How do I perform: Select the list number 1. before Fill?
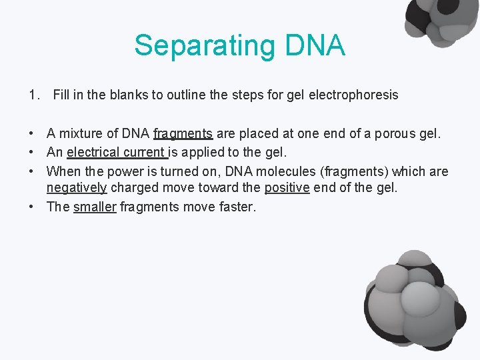(x=34, y=95)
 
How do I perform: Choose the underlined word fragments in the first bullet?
(x=183, y=134)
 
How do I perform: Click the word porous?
(x=396, y=134)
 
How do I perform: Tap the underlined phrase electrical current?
(x=116, y=153)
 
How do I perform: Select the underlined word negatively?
(x=77, y=188)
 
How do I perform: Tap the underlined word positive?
(x=287, y=188)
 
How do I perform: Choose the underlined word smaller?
(x=95, y=207)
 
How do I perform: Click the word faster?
(x=237, y=207)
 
